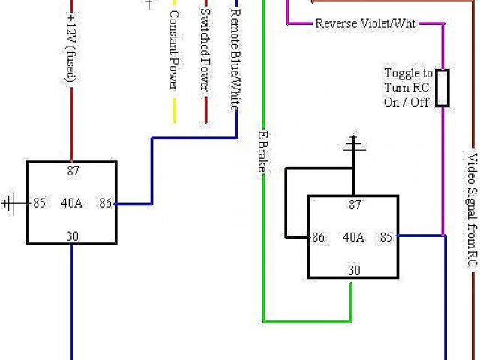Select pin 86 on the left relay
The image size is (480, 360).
106,202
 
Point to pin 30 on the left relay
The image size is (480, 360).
72,235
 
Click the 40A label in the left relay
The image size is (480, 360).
72,202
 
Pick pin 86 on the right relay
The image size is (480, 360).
319,237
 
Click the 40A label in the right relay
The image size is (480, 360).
354,237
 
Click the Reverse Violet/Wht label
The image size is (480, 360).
365,23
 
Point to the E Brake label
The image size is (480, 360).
262,151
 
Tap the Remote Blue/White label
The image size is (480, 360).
235,60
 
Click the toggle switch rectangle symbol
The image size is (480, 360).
444,88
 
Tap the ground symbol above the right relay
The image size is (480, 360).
352,145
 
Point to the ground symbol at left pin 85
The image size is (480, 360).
10,202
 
